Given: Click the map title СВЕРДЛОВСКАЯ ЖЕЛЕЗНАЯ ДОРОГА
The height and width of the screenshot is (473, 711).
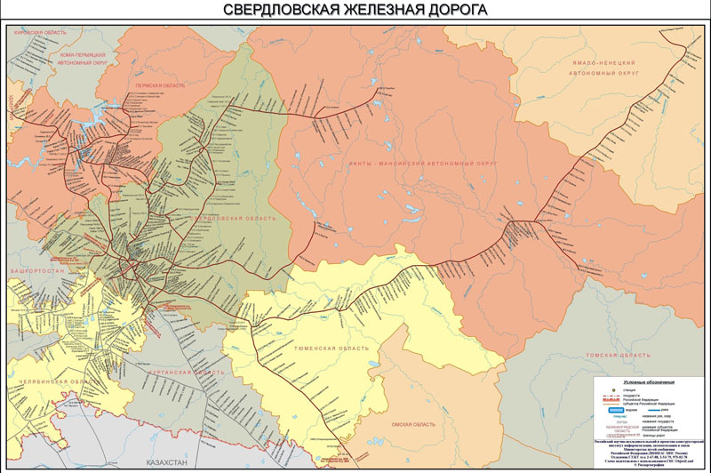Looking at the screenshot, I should click(x=355, y=11).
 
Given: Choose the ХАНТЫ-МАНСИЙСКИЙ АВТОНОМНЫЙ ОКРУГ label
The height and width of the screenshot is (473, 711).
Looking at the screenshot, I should click(x=422, y=164).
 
